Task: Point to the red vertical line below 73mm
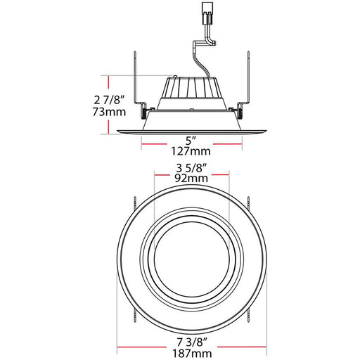(107, 126)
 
